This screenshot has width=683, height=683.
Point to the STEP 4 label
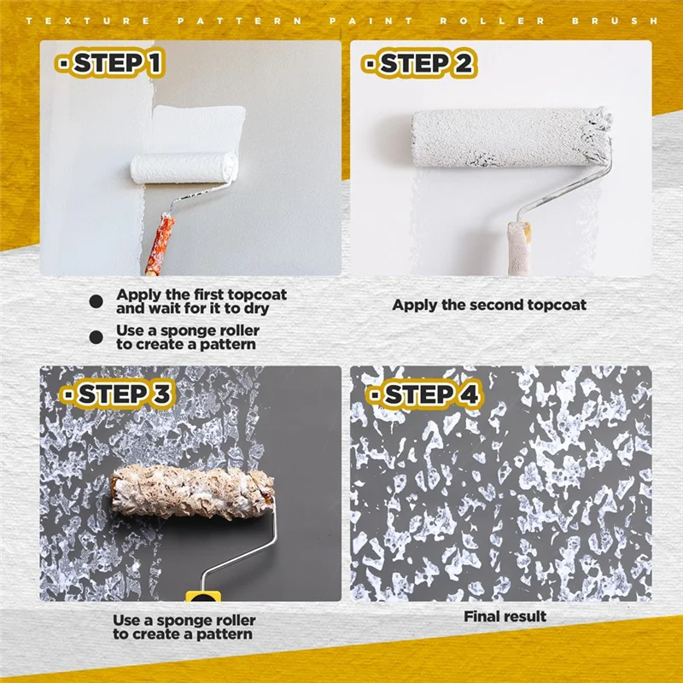423,394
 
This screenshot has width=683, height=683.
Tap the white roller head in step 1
182,166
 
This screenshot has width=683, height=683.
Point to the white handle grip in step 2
518,248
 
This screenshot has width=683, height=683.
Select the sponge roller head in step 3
191,493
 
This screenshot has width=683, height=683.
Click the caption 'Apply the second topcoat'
489,305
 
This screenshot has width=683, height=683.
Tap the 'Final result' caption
505,616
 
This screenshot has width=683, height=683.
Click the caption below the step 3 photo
184,628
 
